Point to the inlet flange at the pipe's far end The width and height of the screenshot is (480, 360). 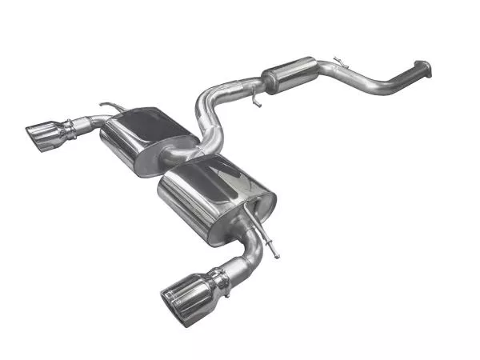[424, 70]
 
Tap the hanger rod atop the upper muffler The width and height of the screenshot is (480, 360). [113, 106]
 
